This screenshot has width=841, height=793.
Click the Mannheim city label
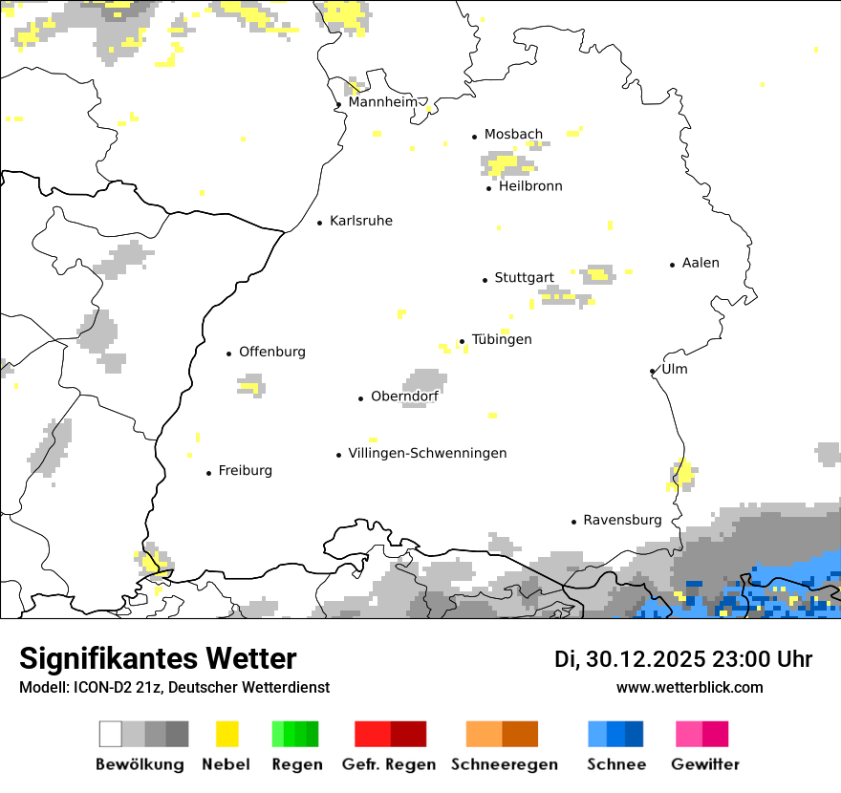pyautogui.click(x=383, y=102)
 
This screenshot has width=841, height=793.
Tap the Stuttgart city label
pyautogui.click(x=524, y=278)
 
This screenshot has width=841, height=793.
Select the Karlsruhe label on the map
pyautogui.click(x=360, y=221)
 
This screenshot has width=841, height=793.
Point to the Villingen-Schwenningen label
pyautogui.click(x=427, y=453)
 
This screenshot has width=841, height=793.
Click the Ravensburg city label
pyautogui.click(x=622, y=520)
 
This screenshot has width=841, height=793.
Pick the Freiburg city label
pyautogui.click(x=245, y=470)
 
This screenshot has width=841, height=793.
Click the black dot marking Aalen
pyautogui.click(x=673, y=265)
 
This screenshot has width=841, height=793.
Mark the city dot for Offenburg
pyautogui.click(x=229, y=354)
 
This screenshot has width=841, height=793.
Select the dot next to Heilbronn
pyautogui.click(x=489, y=188)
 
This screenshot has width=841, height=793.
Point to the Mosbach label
pyautogui.click(x=513, y=135)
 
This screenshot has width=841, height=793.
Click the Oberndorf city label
pyautogui.click(x=404, y=396)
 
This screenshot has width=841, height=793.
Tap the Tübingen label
pyautogui.click(x=502, y=339)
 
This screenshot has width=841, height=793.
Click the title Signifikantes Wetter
pyautogui.click(x=158, y=658)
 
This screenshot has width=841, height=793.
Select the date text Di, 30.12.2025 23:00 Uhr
pyautogui.click(x=683, y=659)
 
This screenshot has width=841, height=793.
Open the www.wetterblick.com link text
pyautogui.click(x=689, y=687)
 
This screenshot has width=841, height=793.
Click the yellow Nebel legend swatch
pyautogui.click(x=226, y=734)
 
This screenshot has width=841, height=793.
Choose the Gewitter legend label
pyautogui.click(x=704, y=764)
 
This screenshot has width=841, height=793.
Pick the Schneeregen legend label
pyautogui.click(x=504, y=764)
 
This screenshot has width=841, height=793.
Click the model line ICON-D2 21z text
pyautogui.click(x=174, y=688)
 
